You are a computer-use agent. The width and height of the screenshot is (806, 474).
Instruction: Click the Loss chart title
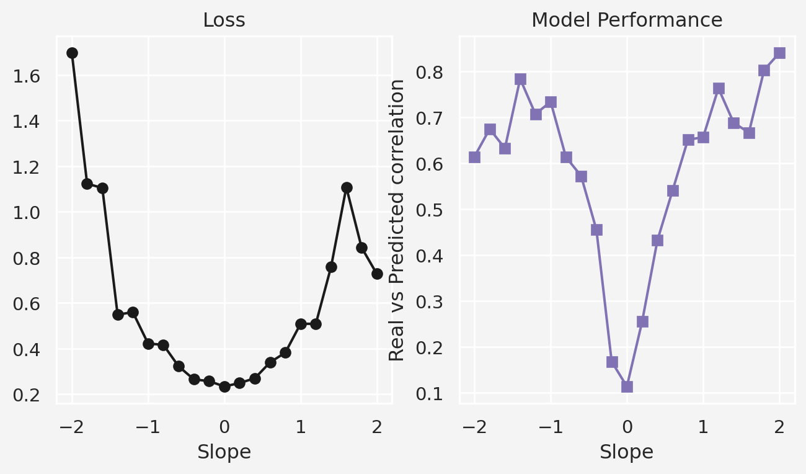pos(224,20)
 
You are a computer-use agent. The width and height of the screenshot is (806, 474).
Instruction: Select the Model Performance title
pos(627,20)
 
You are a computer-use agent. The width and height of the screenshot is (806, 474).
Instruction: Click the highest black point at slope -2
pos(72,53)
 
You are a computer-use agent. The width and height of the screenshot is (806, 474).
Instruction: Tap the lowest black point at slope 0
pos(224,387)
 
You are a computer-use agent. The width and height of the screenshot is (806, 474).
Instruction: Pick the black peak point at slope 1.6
pos(347,187)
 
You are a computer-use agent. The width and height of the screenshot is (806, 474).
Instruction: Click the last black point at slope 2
pos(377,274)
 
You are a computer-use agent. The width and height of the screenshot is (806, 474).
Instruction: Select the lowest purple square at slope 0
pos(627,387)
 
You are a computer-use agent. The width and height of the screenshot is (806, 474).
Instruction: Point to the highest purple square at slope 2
pos(779,53)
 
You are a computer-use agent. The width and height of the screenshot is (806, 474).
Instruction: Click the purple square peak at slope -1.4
pos(520,79)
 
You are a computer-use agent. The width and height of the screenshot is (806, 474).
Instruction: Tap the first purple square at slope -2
pos(474,157)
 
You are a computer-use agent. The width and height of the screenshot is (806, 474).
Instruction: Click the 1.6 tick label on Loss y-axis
pos(26,76)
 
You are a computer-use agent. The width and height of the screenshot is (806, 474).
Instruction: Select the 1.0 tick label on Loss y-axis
pos(26,213)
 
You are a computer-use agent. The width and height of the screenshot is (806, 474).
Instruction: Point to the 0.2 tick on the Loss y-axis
pos(26,395)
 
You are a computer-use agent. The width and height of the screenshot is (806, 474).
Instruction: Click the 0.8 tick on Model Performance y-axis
pos(429,73)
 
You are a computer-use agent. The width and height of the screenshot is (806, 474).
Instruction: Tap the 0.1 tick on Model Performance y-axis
pos(429,393)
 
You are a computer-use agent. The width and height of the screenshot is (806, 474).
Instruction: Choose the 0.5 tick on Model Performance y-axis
pos(429,210)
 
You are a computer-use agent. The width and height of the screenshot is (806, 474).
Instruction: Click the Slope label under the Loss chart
pos(224,452)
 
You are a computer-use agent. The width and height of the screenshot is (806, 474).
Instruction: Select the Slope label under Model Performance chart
pos(626,452)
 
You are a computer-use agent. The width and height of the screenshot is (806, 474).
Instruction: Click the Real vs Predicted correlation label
pos(397,220)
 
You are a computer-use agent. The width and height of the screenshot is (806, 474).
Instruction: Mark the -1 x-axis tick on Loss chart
pos(148,427)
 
